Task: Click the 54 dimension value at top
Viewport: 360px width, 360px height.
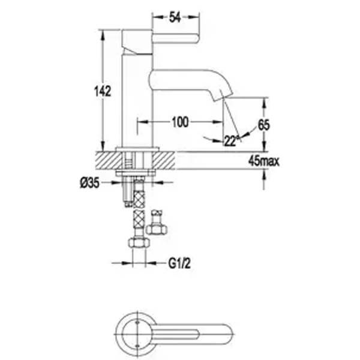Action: pos(175,17)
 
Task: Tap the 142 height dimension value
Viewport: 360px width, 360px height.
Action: pos(103,91)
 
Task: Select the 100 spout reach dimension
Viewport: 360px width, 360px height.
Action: pos(180,122)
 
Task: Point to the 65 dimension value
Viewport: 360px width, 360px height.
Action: pos(264,125)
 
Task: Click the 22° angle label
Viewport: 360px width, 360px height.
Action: pos(231,140)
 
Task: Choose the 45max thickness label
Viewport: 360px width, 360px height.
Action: pos(264,161)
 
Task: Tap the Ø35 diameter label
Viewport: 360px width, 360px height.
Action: pos(90,183)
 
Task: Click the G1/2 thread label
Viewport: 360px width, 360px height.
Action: pos(179,263)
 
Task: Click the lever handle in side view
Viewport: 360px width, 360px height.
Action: pos(176,38)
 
